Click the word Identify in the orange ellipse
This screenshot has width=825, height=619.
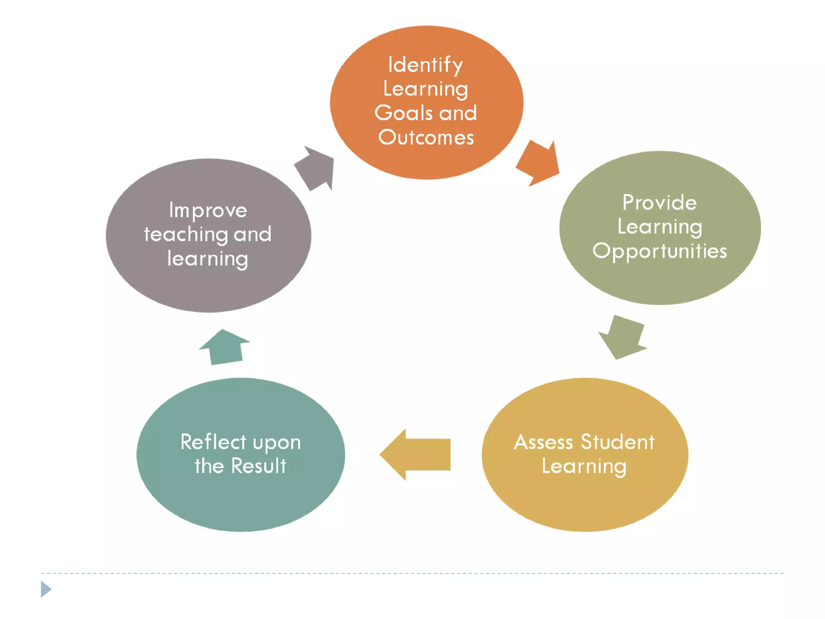(x=425, y=65)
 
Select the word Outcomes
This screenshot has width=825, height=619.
(x=426, y=137)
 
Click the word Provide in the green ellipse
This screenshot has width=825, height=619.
(x=659, y=202)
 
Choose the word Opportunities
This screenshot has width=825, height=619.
(x=659, y=251)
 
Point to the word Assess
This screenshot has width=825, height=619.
(x=543, y=442)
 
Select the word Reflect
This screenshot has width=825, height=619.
(x=213, y=442)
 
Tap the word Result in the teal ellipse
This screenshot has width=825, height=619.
(x=259, y=466)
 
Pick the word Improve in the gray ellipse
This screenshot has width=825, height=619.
(x=208, y=210)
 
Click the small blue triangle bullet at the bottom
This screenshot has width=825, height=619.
(x=46, y=589)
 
